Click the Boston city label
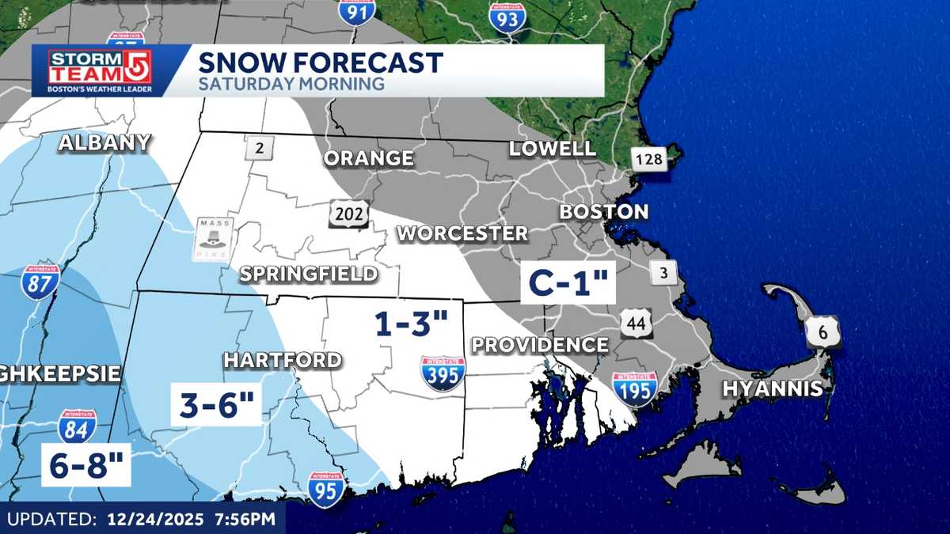pos(603,212)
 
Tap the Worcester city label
pos(462,233)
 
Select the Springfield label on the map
pos(309,275)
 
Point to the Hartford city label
pos(283,360)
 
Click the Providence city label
pos(540,345)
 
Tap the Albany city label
pos(104,142)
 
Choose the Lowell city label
pos(552,148)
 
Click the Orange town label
pos(368,158)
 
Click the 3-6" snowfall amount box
pos(216,405)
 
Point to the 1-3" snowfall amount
pos(412,324)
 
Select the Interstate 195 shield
pos(634,389)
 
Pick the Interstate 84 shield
pos(78,426)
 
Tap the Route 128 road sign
pos(649,161)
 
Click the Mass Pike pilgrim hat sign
pos(214,239)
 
